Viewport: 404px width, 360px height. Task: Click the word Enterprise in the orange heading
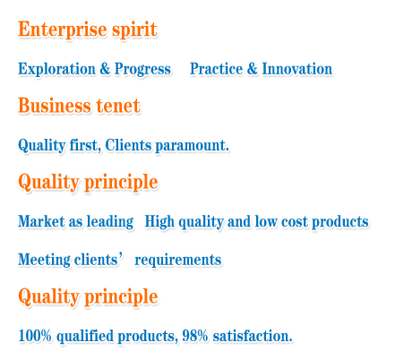62,30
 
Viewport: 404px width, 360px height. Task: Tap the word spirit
134,30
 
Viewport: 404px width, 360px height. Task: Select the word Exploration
56,69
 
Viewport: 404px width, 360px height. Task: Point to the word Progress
142,70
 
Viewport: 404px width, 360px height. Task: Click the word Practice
216,69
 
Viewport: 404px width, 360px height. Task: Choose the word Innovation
297,69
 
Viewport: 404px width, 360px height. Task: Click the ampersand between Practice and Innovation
252,69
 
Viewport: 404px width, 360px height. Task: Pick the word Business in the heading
55,106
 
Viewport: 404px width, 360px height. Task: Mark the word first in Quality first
85,145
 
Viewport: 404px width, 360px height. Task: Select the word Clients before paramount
128,145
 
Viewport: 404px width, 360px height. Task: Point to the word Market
41,221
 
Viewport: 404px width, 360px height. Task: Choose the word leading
110,222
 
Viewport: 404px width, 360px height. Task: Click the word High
159,222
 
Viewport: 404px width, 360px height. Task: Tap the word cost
290,222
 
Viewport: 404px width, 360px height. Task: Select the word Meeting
44,260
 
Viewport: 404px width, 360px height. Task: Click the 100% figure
35,336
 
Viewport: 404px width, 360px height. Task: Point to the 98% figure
195,336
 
